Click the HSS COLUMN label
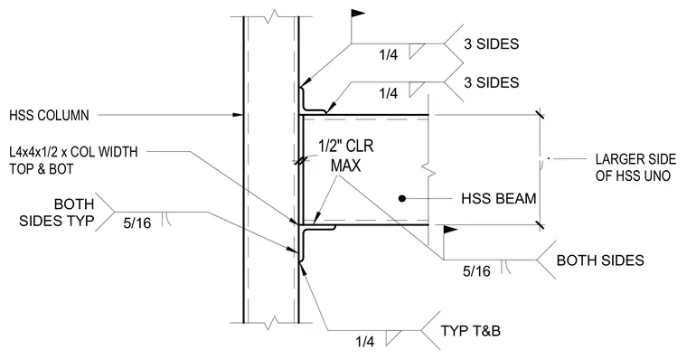click(49, 115)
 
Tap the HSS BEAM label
click(499, 199)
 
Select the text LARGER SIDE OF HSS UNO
click(635, 167)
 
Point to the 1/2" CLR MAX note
click(346, 156)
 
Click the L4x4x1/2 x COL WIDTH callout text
click(73, 152)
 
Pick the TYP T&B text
click(471, 330)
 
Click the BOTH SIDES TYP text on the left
click(57, 213)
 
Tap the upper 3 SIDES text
click(491, 43)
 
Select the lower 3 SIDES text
click(491, 82)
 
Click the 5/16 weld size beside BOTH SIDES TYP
click(137, 223)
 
